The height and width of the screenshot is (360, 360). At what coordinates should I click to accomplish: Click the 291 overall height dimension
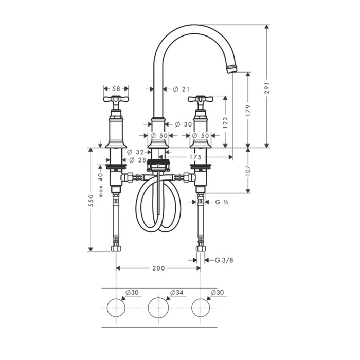coord(267,88)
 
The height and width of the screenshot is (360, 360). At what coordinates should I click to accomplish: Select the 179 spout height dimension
coord(248,110)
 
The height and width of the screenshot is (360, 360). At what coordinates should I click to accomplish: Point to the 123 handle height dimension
coord(225,122)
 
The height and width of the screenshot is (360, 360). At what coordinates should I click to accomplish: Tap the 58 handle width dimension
coord(116,88)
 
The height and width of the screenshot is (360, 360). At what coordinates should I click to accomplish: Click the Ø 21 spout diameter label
coord(181,89)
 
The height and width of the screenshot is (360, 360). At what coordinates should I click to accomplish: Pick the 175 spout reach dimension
coord(195,157)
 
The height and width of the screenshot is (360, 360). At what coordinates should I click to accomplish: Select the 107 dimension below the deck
coord(248,170)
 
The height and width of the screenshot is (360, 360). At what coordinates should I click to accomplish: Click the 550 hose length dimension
coord(91,201)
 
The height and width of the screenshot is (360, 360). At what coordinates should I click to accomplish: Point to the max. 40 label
coord(101,185)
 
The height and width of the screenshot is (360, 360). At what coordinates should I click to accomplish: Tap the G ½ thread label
coord(222,202)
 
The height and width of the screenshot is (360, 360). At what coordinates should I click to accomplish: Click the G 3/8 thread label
coord(224,260)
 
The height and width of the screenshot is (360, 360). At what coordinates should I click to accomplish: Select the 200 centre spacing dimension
coord(158,268)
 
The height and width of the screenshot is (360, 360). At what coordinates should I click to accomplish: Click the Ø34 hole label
coord(177,293)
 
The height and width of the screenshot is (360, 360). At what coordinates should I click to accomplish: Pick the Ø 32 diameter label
coord(135,152)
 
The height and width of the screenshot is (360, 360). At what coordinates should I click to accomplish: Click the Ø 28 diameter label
coord(137,160)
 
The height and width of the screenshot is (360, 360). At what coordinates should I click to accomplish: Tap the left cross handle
coord(116,99)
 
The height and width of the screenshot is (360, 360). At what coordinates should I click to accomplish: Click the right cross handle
coord(201,99)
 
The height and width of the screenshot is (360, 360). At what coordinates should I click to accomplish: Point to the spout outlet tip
coord(232,69)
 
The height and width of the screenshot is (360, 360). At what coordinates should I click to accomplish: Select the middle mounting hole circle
coord(158,308)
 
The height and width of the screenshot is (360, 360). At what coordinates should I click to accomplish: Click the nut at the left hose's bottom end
coord(116,248)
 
